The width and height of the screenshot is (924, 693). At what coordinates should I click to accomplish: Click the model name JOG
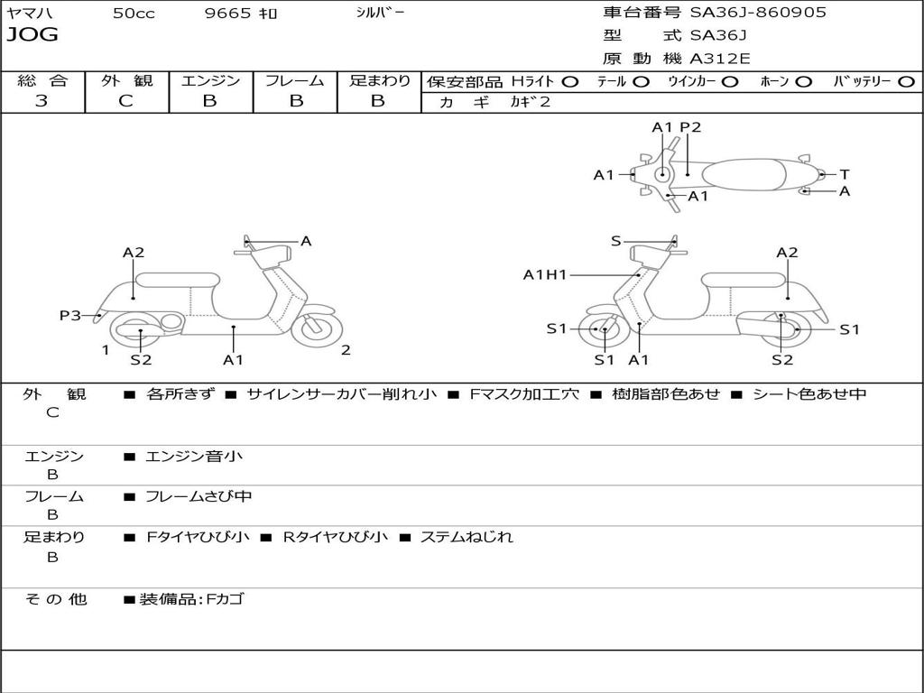[32, 35]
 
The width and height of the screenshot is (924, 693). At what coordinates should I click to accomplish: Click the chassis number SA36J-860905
[758, 13]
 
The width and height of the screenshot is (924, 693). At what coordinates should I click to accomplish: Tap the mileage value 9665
[227, 14]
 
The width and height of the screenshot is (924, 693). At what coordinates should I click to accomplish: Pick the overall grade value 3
[42, 101]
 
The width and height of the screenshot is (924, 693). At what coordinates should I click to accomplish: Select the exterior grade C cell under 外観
[126, 101]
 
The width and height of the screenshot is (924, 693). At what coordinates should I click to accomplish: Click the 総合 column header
[42, 81]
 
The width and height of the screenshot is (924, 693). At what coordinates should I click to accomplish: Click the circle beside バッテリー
[906, 82]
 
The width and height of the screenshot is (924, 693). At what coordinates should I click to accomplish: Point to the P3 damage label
[70, 315]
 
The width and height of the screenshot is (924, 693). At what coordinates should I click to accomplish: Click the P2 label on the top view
[690, 127]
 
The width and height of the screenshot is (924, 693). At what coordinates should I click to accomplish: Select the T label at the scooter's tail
[844, 174]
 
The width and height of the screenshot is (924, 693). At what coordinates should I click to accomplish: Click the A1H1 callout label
[545, 275]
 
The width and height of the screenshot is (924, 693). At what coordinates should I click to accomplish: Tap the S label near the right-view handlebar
[616, 241]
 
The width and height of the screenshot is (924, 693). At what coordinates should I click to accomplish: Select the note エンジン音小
[194, 457]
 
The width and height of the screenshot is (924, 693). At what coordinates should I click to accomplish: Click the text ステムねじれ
[467, 537]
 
